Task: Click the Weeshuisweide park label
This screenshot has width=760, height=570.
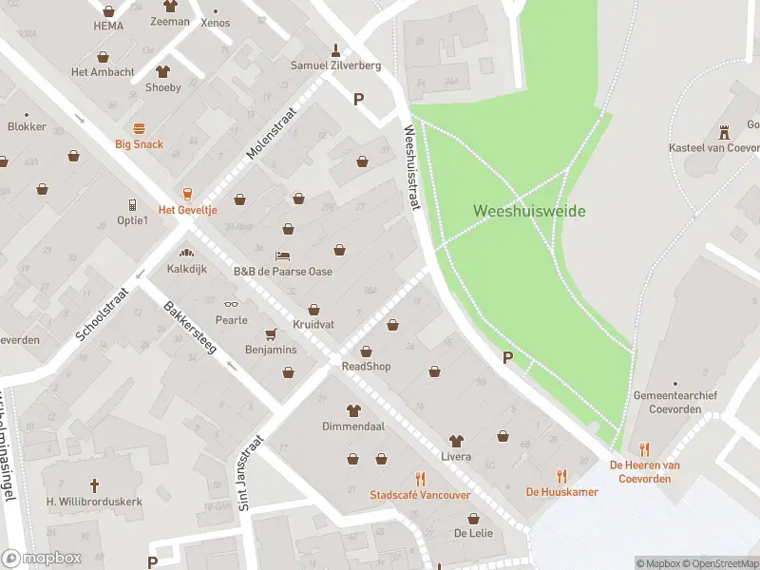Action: (529, 211)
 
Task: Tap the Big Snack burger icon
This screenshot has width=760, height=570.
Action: (140, 128)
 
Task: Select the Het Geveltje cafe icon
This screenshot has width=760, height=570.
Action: (188, 193)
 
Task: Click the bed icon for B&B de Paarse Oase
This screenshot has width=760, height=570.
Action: (283, 256)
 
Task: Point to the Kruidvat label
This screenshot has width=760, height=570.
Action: (313, 325)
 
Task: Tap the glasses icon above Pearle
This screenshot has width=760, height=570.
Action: (230, 305)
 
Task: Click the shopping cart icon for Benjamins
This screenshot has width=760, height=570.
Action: (271, 334)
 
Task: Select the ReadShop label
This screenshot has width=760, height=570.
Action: (366, 367)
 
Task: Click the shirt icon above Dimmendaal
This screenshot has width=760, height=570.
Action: (353, 411)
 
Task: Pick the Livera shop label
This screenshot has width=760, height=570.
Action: (456, 457)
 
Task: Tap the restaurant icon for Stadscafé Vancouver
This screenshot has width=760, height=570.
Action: (420, 480)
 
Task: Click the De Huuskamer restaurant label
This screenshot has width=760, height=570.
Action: (561, 492)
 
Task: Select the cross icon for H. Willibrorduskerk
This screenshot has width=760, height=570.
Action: (94, 484)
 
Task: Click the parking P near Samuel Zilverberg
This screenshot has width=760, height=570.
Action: (358, 98)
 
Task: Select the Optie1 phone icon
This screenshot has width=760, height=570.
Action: (133, 205)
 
